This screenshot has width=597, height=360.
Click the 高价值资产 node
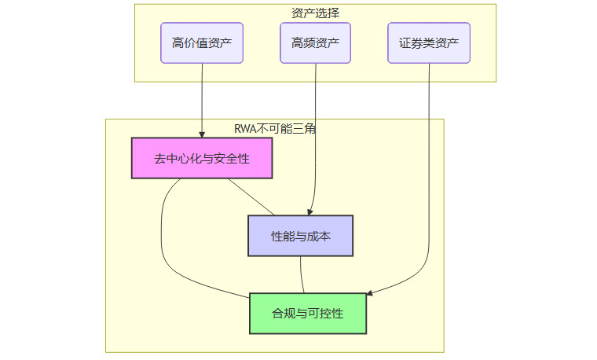(202, 43)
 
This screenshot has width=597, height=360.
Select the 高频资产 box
(315, 43)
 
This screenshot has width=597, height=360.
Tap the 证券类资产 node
(429, 43)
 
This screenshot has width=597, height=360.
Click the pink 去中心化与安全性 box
(202, 158)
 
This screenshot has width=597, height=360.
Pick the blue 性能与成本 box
(300, 236)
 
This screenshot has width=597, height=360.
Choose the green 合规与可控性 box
(308, 314)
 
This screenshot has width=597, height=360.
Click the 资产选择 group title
(315, 13)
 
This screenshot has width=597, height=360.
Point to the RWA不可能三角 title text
(275, 129)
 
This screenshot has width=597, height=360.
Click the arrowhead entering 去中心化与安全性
(202, 134)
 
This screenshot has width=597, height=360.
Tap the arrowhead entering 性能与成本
(311, 211)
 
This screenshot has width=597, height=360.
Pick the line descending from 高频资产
(315, 134)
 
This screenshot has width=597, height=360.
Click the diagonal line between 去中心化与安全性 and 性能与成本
(251, 197)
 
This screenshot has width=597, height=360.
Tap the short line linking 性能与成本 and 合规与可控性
(302, 274)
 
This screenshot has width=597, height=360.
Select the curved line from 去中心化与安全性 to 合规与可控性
(162, 244)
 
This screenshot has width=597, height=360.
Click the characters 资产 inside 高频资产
(327, 43)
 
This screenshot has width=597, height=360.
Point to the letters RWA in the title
(246, 129)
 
